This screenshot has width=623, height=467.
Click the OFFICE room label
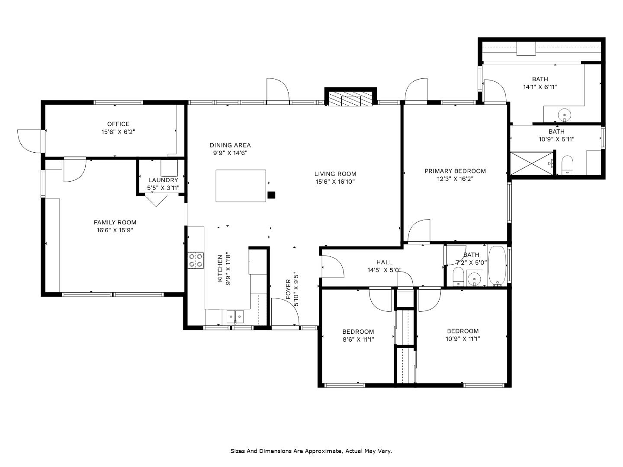click(118, 124)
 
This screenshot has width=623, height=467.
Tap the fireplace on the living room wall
click(350, 99)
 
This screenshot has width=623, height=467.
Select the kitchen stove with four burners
click(196, 260)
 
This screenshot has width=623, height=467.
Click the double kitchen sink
click(235, 317)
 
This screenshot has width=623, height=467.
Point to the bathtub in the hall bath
click(497, 266)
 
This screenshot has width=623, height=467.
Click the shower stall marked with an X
click(532, 163)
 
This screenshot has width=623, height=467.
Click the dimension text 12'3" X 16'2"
click(455, 179)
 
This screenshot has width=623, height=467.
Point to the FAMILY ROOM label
click(115, 222)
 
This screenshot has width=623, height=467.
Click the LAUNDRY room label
click(163, 180)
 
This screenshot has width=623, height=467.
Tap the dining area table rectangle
click(241, 186)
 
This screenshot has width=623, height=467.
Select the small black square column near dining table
click(271, 195)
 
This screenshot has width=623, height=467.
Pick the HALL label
click(384, 262)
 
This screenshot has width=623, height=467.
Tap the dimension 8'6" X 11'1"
click(358, 339)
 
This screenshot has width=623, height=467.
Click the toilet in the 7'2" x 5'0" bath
click(458, 277)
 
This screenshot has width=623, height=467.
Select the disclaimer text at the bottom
click(311, 451)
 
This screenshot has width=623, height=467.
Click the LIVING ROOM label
click(335, 174)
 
